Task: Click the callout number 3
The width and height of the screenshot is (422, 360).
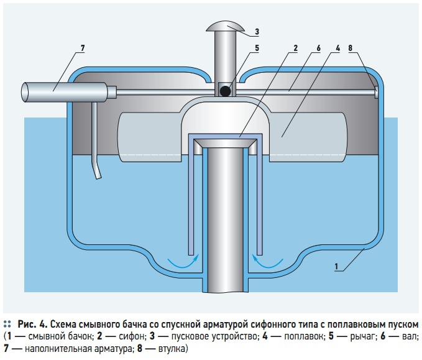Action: (x=257, y=32)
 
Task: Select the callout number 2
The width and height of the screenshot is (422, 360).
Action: (x=295, y=48)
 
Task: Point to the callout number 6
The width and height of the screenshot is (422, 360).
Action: (x=317, y=48)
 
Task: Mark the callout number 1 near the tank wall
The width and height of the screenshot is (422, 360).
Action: (x=336, y=267)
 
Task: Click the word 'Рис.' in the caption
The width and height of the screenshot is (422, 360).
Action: (x=27, y=325)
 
